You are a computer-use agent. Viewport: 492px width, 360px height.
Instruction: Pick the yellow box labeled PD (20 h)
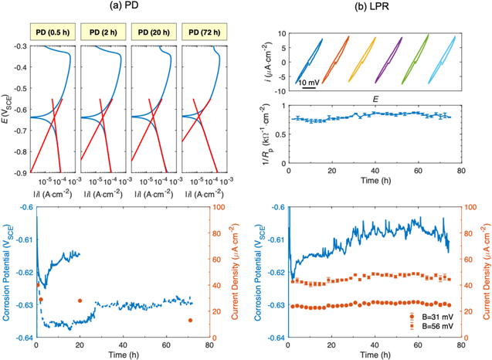[152, 32]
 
